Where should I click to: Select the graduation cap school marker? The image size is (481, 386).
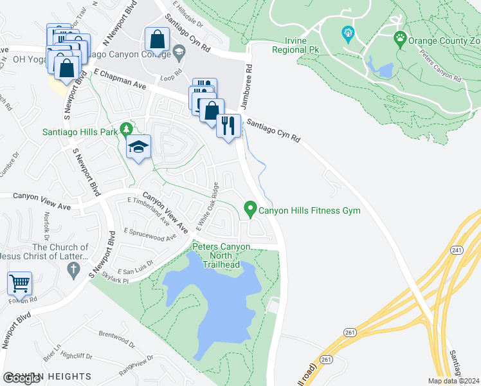click(x=138, y=147)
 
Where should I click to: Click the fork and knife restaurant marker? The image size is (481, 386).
click(x=227, y=125)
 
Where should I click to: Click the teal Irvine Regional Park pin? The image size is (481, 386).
click(x=348, y=33)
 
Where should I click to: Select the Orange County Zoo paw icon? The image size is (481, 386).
click(x=401, y=39)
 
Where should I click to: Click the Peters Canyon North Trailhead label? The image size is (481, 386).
click(x=221, y=255)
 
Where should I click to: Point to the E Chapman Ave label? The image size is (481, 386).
click(x=120, y=80)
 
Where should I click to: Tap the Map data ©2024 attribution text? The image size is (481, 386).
click(x=453, y=380)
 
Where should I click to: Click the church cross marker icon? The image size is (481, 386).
click(x=73, y=269)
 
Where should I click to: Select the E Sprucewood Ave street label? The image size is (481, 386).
click(x=150, y=234)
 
